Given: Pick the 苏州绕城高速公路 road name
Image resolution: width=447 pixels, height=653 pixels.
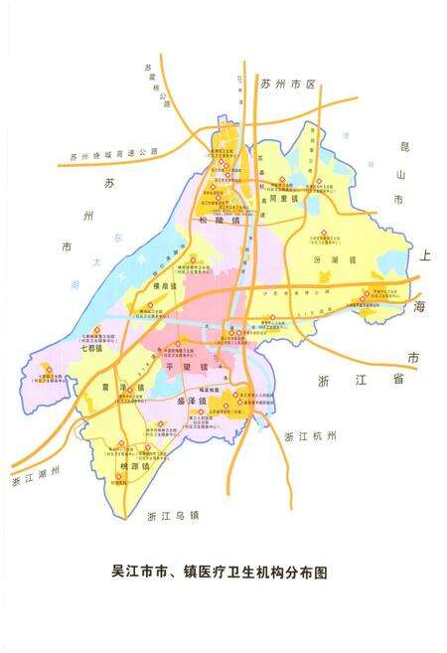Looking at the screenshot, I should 115,155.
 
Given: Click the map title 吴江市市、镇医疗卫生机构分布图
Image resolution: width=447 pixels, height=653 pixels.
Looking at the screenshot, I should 220,573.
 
